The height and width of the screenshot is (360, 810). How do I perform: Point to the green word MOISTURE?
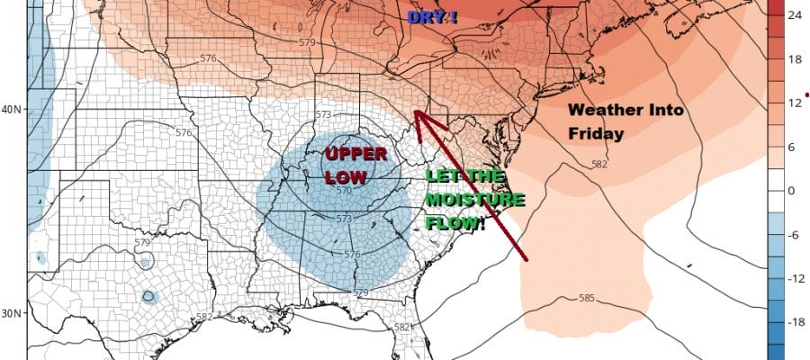click(x=462, y=197)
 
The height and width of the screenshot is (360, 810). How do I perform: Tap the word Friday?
click(x=596, y=133)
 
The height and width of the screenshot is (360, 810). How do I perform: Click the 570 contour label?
click(x=344, y=190)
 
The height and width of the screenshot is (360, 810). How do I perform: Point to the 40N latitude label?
click(x=13, y=111)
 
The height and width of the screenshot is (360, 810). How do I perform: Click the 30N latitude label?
click(x=13, y=313)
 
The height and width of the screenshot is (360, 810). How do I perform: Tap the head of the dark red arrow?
click(x=417, y=112)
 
